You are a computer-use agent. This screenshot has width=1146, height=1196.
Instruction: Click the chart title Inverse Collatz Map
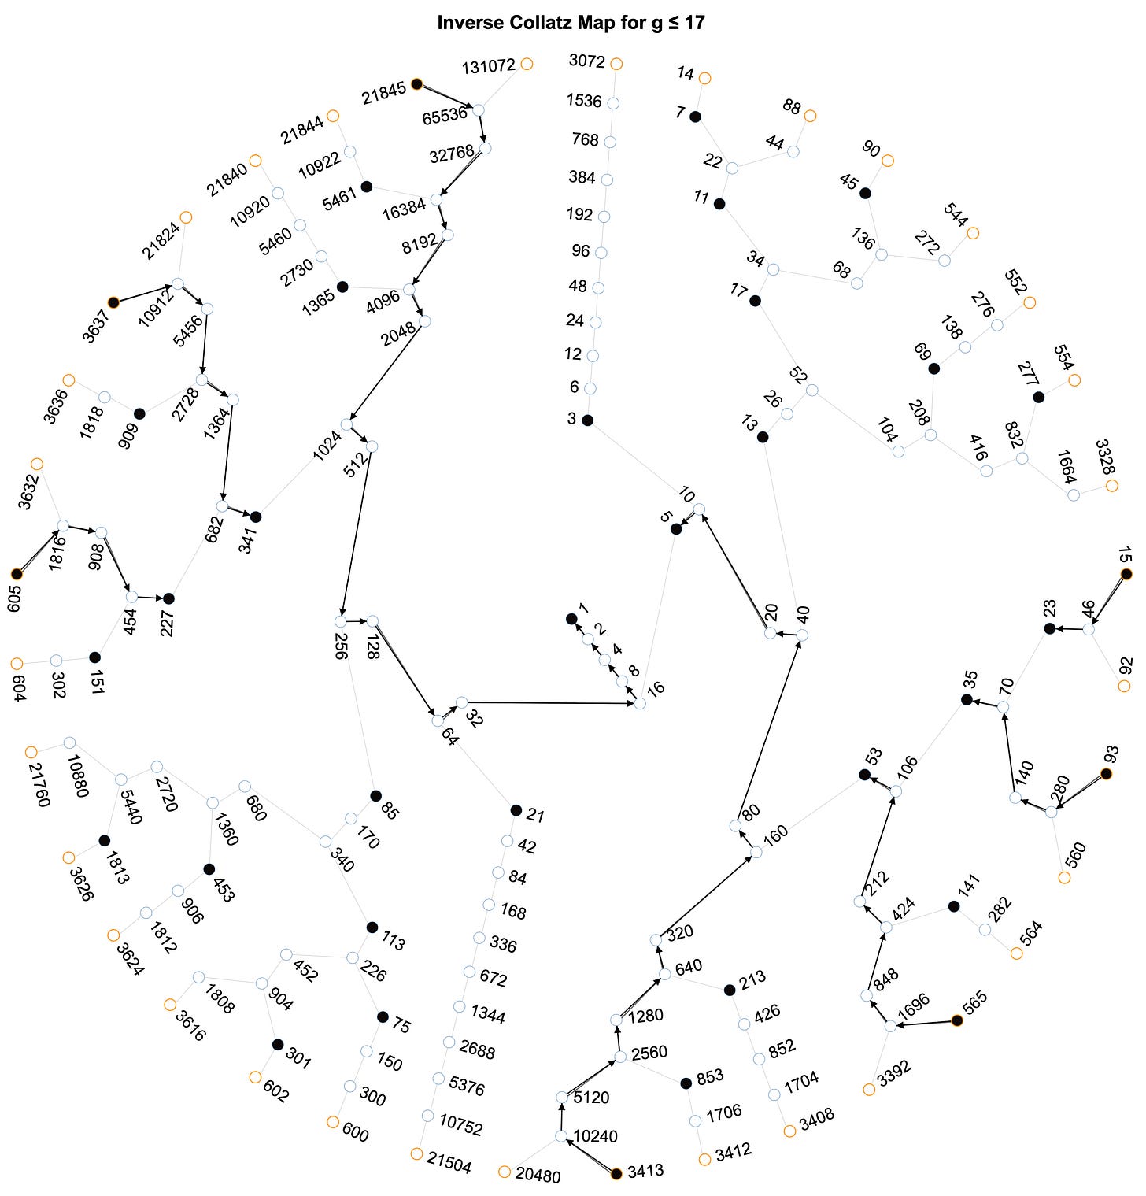point(571,23)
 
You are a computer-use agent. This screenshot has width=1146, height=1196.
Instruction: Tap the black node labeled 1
point(571,619)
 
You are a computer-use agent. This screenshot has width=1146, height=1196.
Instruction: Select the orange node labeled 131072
point(527,64)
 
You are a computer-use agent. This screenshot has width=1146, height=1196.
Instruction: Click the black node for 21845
point(416,83)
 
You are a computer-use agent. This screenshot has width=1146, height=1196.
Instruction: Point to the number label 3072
point(586,61)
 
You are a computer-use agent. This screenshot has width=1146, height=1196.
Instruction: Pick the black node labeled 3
point(587,420)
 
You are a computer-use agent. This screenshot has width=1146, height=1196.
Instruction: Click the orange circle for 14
point(704,78)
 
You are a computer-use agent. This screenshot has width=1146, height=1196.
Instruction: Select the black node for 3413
point(616,1174)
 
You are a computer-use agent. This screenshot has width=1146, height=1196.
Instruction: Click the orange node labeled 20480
point(505,1172)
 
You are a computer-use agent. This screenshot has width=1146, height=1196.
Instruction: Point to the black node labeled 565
point(957,1020)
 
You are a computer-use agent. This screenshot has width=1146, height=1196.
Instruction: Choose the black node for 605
point(17,574)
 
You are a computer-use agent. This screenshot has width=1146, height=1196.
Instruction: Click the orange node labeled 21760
point(31,752)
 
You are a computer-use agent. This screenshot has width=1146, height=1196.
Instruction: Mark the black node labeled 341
point(255,517)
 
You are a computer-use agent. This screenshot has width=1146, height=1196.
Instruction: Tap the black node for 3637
point(113,302)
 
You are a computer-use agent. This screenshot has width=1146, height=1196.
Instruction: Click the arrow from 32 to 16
point(551,702)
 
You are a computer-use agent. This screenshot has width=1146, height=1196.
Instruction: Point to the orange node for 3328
point(1111,486)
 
